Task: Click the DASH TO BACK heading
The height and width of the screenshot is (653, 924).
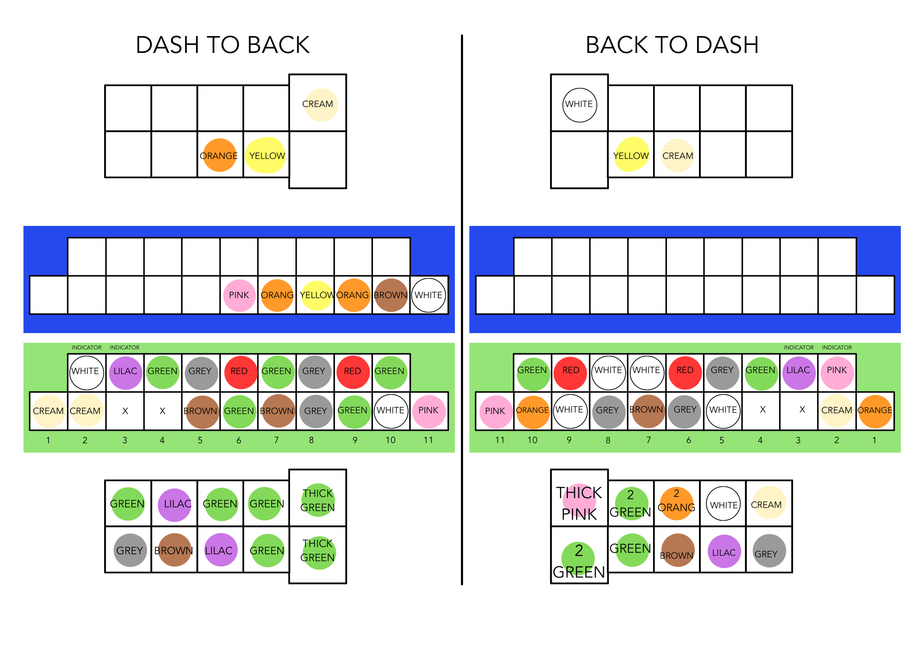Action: coord(223,45)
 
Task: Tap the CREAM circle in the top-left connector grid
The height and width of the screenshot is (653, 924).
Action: coord(321,105)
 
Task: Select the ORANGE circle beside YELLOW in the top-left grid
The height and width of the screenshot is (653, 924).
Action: coord(219,155)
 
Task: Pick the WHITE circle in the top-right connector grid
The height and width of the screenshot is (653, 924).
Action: coord(579,105)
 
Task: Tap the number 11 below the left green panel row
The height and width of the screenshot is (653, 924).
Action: coord(428,440)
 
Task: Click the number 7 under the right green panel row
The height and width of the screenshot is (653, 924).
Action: coord(648,440)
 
